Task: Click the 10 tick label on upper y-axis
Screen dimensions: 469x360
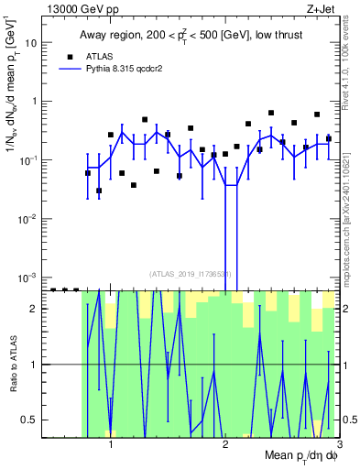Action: [x=33, y=43]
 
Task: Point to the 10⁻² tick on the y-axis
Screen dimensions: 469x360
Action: [x=30, y=219]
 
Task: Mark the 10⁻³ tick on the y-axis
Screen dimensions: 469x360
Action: [x=30, y=278]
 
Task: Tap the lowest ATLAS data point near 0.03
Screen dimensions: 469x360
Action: [x=99, y=191]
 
